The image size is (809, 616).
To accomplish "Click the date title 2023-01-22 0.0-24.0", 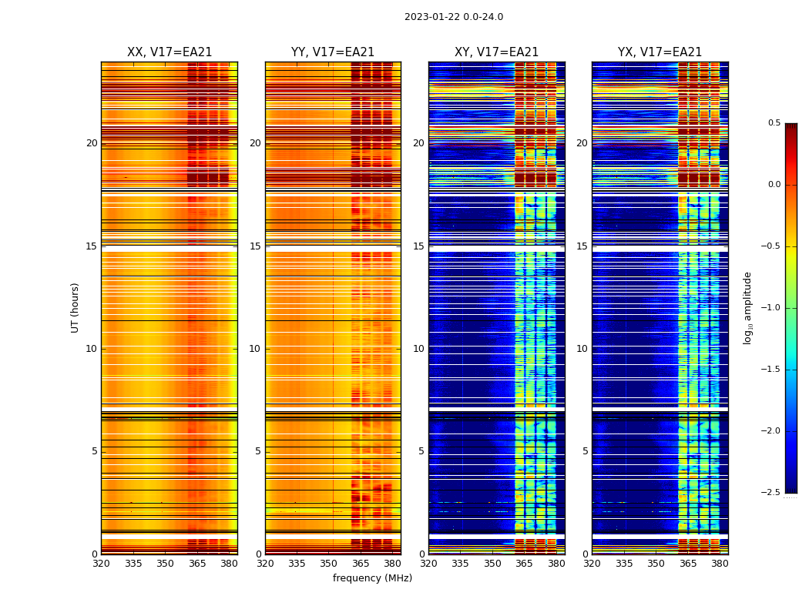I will (x=454, y=17).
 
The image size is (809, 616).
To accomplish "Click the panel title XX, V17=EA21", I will (x=170, y=52).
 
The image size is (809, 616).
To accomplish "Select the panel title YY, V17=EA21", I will (x=333, y=52).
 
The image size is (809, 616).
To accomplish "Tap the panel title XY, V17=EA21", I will (x=496, y=52).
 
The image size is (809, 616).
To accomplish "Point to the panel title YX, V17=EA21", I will (x=660, y=52).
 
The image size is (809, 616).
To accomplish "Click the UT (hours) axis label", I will (x=76, y=307).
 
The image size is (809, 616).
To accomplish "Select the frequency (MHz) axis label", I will (x=372, y=578).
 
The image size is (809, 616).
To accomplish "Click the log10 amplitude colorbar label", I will (x=747, y=307).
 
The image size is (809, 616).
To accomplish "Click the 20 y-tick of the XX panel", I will (x=92, y=143).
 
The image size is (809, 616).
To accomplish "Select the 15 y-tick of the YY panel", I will (x=255, y=246).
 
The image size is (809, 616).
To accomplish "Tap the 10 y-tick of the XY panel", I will (x=418, y=349).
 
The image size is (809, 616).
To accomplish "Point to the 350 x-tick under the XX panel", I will (x=165, y=563).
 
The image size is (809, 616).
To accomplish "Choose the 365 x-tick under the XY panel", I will (x=524, y=563).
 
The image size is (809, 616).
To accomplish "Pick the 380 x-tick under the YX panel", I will (x=720, y=563).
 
